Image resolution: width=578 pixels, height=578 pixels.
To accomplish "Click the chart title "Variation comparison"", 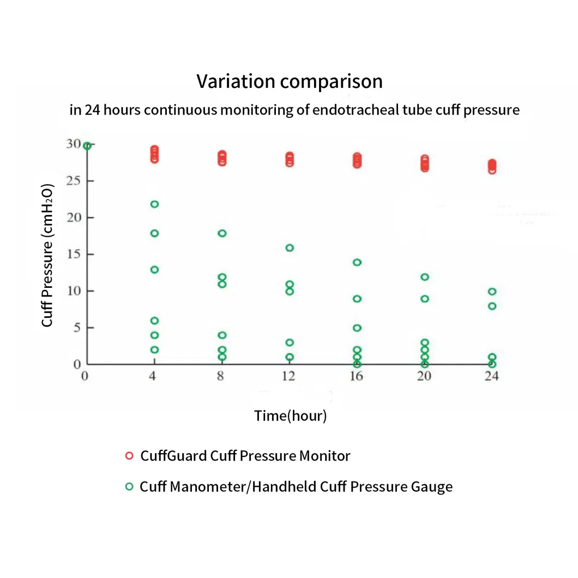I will click(x=289, y=82).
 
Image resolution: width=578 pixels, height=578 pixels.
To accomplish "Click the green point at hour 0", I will click(x=87, y=146).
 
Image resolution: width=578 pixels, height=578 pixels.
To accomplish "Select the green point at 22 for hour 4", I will click(x=154, y=204).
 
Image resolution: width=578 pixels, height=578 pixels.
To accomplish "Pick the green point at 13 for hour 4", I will click(x=154, y=270).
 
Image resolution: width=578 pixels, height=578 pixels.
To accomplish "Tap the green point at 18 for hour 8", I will click(x=222, y=233).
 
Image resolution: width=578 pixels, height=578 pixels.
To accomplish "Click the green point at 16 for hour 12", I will click(x=290, y=248).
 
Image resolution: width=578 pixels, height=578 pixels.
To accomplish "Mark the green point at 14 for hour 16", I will click(x=357, y=262).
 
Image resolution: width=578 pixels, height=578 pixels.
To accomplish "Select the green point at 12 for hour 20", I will click(x=425, y=277).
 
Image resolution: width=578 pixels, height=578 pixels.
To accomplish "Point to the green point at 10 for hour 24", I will click(x=492, y=292).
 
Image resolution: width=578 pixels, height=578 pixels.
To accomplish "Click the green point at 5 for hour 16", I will click(x=357, y=328).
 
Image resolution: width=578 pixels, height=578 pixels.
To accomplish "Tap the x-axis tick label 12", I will click(x=288, y=376).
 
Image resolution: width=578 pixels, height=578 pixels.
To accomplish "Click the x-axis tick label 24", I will click(x=492, y=376).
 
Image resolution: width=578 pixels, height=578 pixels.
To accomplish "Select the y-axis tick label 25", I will click(x=73, y=181).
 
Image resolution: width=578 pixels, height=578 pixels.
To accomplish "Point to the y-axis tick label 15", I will click(x=73, y=254).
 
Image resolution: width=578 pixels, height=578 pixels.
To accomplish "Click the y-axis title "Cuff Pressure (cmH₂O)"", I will click(x=48, y=255).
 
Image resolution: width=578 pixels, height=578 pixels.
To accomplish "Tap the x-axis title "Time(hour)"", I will click(x=290, y=416).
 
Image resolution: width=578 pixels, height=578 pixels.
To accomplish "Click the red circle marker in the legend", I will click(x=129, y=456).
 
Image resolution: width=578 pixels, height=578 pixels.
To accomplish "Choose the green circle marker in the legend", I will click(x=129, y=486).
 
